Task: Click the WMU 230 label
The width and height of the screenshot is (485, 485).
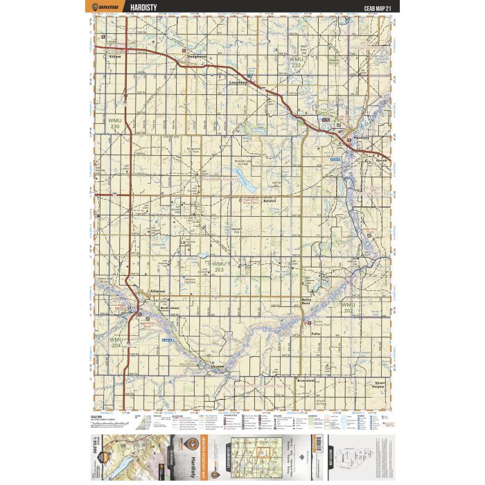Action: [115, 123]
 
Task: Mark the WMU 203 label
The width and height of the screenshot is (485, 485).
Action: [219, 267]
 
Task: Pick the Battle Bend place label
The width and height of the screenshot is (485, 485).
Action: [309, 301]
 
